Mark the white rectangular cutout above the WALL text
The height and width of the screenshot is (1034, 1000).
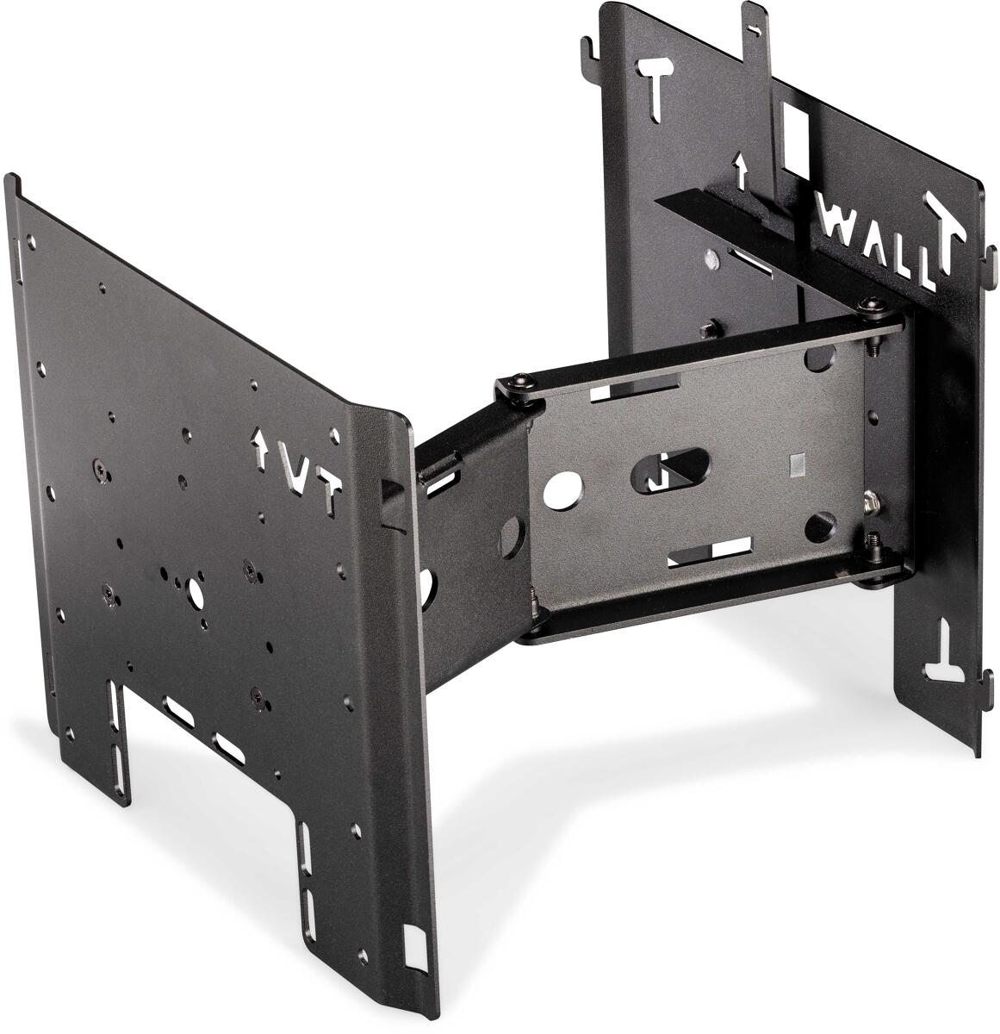click(x=798, y=128)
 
